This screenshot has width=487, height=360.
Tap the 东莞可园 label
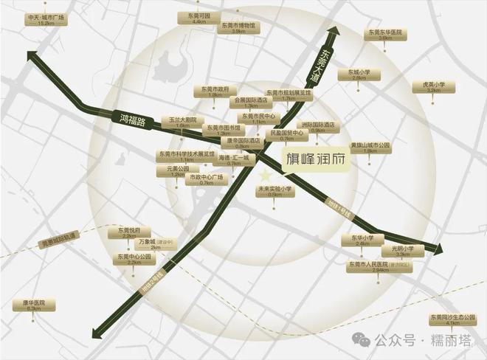198,18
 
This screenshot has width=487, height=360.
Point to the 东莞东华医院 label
384,35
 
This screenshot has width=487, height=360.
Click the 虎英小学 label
434,87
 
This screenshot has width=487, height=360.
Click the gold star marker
265,175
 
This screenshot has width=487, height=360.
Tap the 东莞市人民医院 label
380,266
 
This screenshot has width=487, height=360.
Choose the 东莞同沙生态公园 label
452,319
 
